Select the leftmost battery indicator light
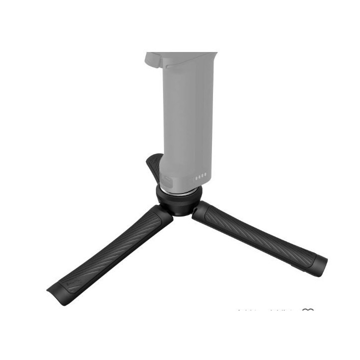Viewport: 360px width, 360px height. (196, 176)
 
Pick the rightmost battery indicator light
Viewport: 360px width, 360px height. (205, 175)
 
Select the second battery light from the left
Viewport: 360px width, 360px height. (199, 176)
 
